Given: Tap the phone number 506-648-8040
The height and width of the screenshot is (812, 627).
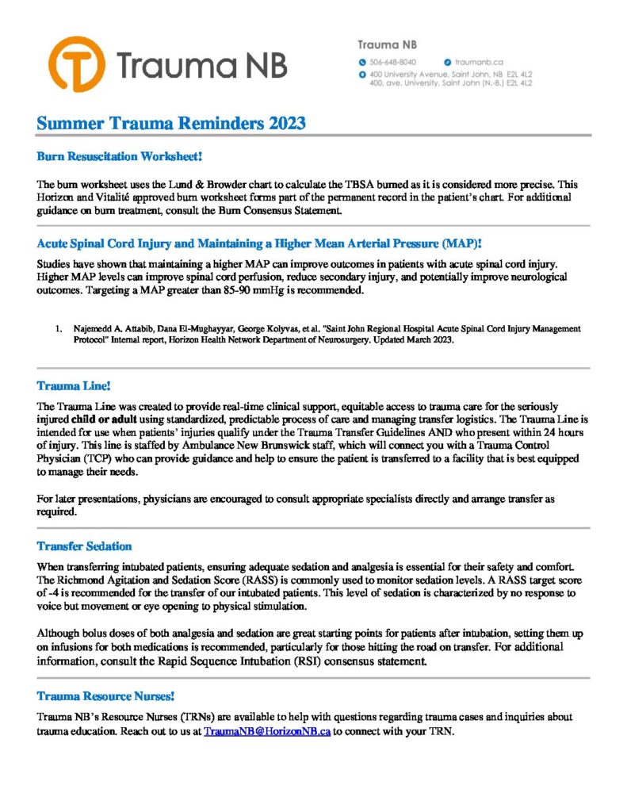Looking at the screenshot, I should click(x=393, y=62).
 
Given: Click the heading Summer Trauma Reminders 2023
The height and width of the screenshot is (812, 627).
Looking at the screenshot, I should click(x=171, y=124).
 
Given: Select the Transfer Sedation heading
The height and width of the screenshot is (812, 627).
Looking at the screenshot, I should click(x=84, y=546).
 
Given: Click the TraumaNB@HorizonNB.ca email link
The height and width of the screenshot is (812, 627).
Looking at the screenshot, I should click(x=266, y=731).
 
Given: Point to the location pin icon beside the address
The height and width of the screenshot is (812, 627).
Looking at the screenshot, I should click(x=362, y=74).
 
